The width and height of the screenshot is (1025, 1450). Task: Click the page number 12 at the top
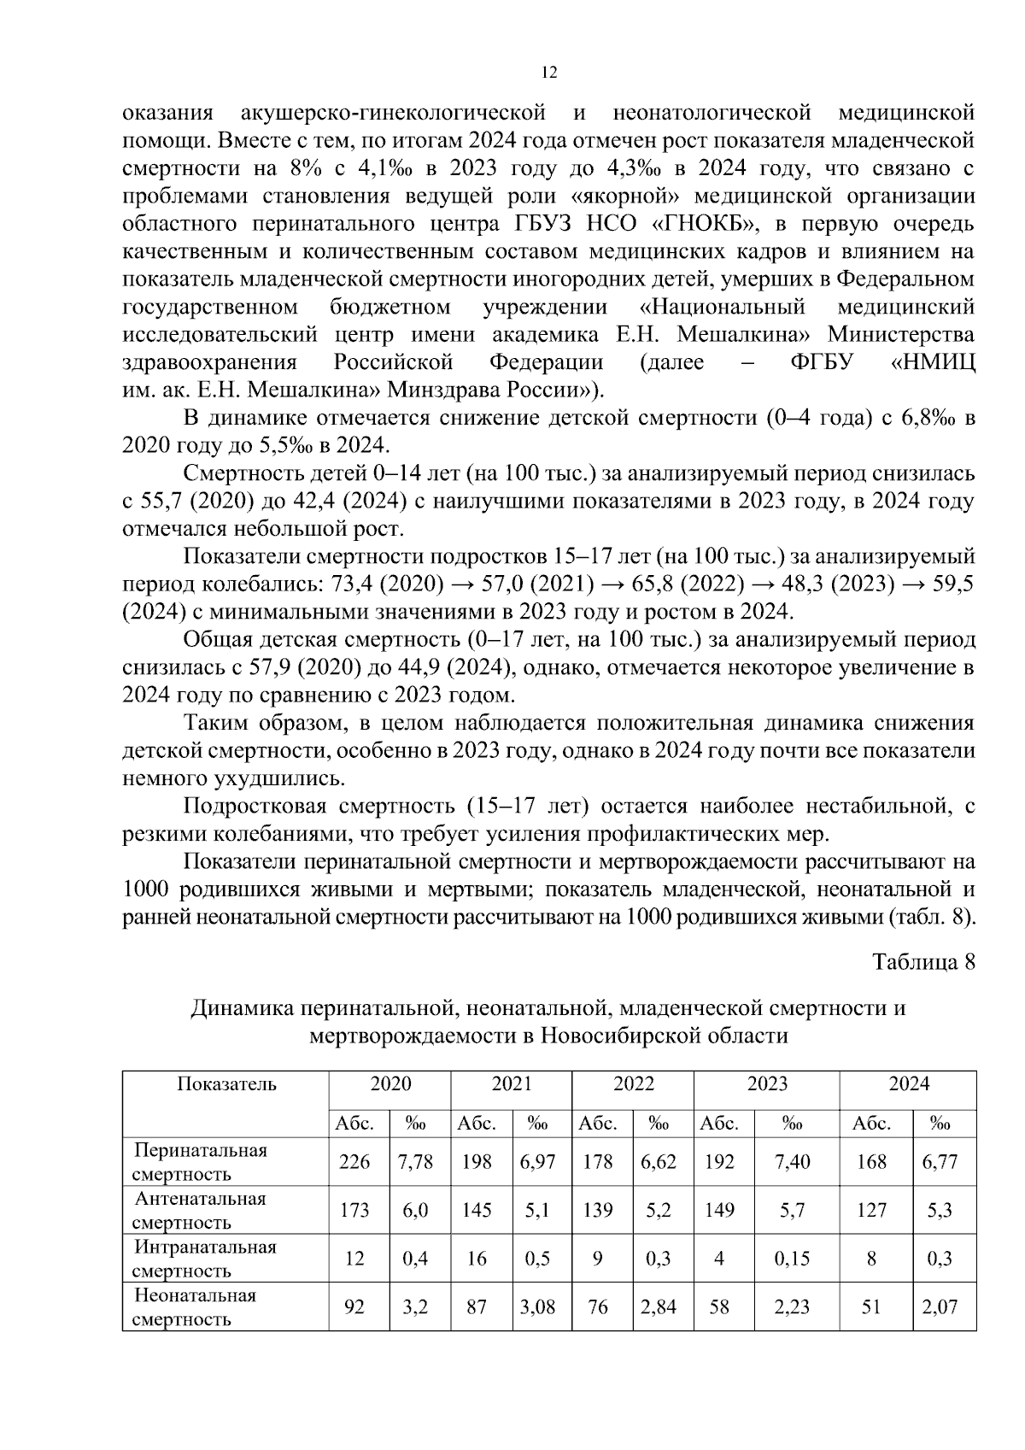(549, 73)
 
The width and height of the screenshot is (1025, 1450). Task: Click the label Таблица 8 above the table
(922, 961)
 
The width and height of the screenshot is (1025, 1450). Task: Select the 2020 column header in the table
(389, 1084)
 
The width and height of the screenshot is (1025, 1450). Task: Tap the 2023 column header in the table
(767, 1084)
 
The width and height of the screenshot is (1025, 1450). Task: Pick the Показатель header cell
(226, 1084)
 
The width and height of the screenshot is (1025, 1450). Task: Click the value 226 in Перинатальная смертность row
(354, 1162)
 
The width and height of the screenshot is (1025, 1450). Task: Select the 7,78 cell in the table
(415, 1162)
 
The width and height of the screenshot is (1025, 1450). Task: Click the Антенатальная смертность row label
(200, 1210)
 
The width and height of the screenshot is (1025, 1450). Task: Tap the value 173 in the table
(354, 1210)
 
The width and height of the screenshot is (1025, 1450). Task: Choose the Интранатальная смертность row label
(205, 1259)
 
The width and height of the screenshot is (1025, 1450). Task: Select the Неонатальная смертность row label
(195, 1307)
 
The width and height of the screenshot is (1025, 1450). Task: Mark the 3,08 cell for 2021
(537, 1307)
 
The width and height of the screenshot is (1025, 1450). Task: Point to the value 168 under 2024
(871, 1162)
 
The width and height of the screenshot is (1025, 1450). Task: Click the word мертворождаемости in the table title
(412, 1036)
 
